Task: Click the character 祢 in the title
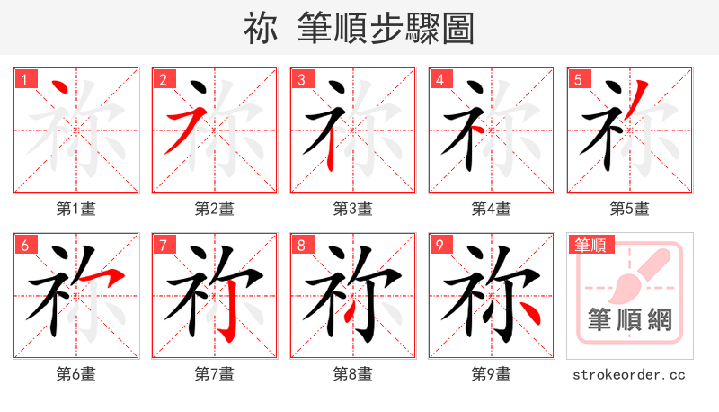261,29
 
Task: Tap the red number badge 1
24,79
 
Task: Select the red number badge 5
578,79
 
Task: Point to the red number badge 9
439,245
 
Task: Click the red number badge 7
163,245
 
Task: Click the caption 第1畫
76,209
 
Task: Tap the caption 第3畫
353,209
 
